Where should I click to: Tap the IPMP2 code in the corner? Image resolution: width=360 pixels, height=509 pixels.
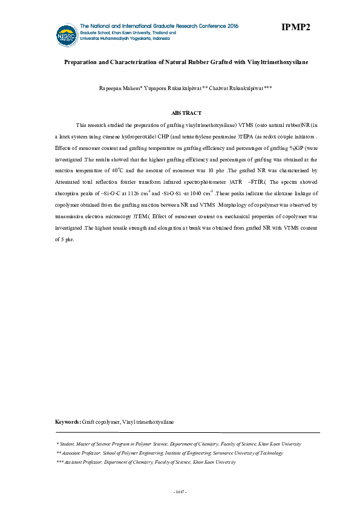pyautogui.click(x=295, y=27)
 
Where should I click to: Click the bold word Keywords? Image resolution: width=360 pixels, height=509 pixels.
pyautogui.click(x=67, y=421)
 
